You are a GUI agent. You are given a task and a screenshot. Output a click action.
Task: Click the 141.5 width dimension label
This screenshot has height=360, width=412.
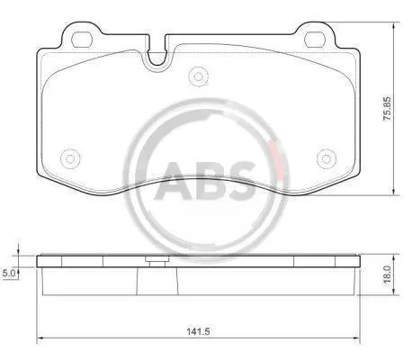pos(197,331)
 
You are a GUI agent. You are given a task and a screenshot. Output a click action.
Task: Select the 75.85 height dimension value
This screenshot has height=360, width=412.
pos(387,109)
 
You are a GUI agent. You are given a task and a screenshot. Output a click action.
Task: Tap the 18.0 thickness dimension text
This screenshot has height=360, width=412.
pos(387,274)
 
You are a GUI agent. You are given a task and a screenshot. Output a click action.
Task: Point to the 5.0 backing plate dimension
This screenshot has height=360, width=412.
pos(7,273)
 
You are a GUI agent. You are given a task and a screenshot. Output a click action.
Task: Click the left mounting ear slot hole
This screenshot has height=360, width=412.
pos(81,40)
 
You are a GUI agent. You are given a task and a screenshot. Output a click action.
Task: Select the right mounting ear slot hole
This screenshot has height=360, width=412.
pos(315,40)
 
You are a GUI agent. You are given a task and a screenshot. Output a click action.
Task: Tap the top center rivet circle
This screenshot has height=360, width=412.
pos(198,76)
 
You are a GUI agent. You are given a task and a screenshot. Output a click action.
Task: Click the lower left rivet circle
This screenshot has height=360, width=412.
pos(70,158)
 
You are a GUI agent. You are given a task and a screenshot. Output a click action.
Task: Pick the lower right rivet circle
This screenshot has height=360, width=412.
pos(327,158)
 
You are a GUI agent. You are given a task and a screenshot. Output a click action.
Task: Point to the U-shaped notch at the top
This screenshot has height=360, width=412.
pos(157,58)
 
